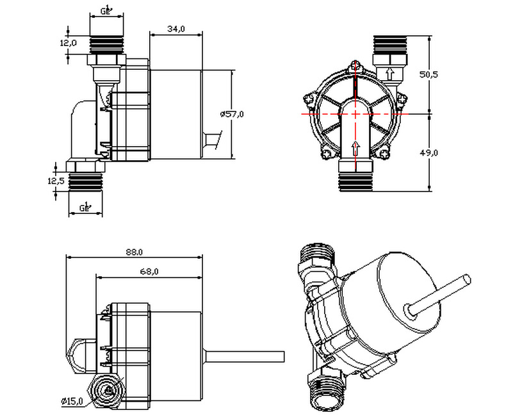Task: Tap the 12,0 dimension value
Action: [69, 43]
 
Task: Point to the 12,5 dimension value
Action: [56, 181]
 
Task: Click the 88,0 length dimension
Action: [135, 252]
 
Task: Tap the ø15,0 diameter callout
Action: [72, 401]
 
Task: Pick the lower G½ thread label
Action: [85, 206]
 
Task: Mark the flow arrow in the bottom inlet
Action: [354, 148]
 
